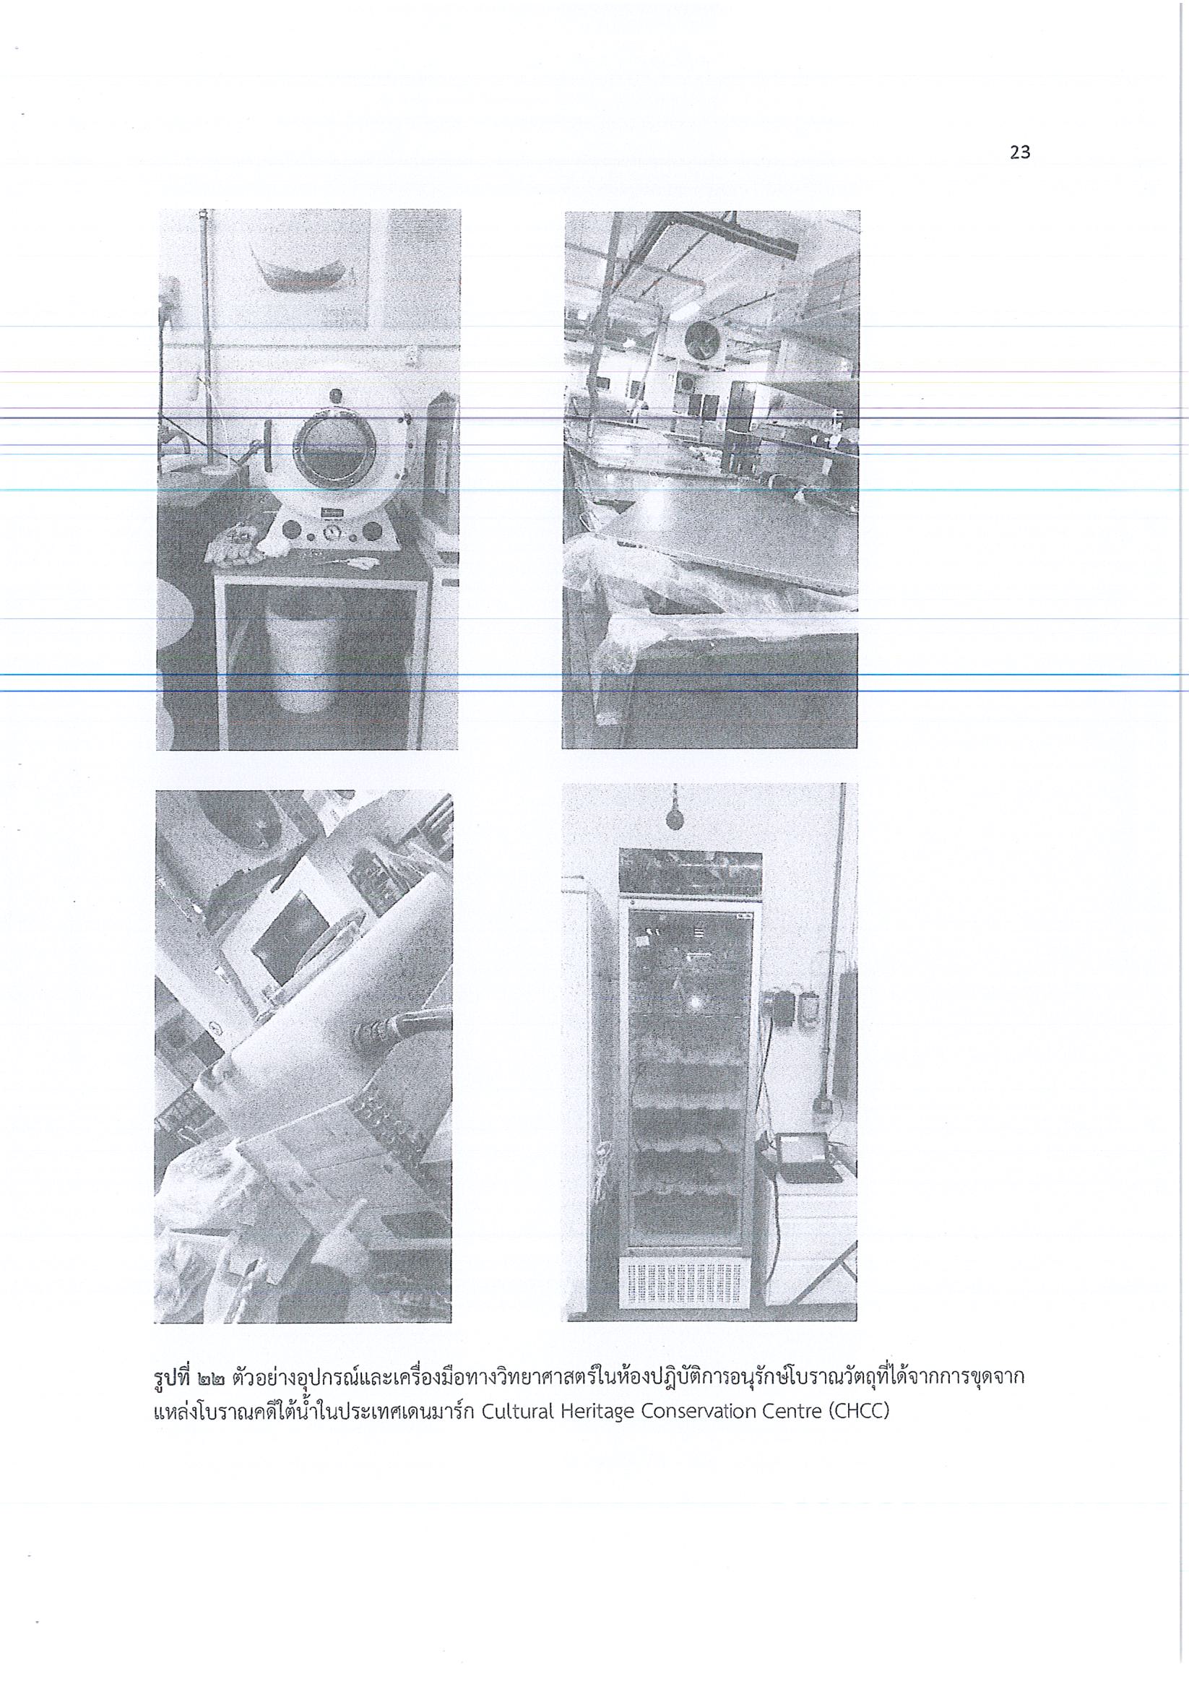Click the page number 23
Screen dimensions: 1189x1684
pos(1020,152)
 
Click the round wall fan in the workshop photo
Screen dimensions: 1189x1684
pos(701,340)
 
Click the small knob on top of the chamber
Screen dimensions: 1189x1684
pos(335,397)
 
